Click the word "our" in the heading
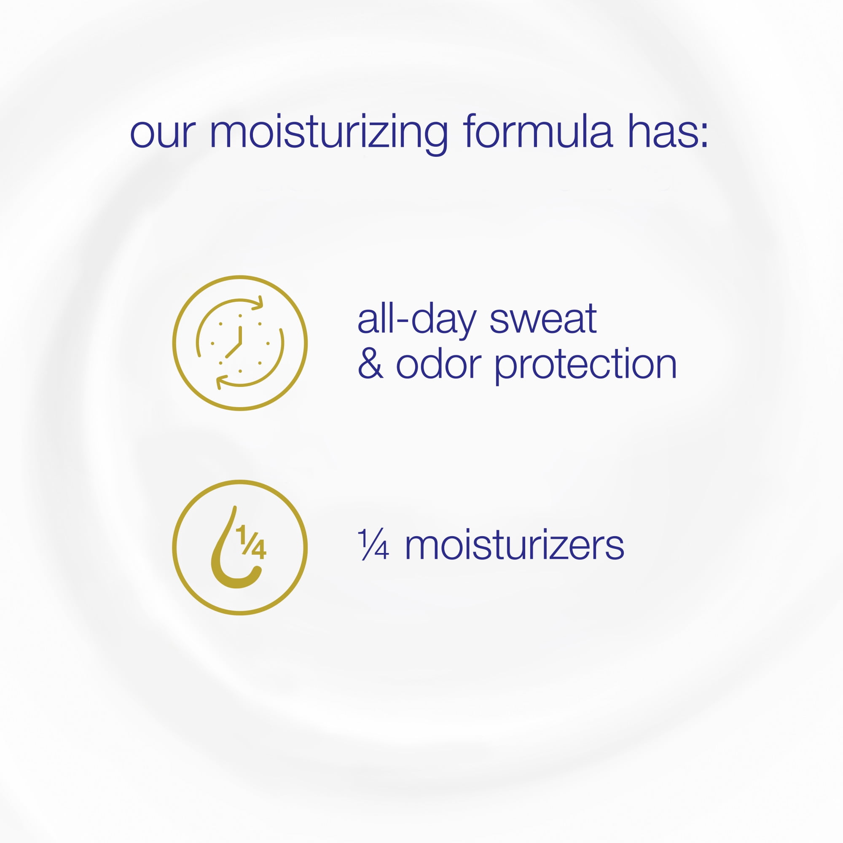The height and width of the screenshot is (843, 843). pos(163,133)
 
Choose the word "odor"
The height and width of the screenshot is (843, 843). pos(438,363)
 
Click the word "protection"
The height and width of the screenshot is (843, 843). pos(585,365)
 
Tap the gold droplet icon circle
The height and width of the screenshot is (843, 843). pos(240,481)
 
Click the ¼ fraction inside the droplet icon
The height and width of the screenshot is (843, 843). pos(251,542)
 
